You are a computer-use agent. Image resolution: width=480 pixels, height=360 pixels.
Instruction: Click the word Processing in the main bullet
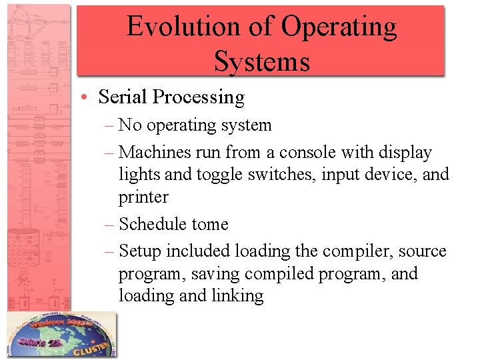[x=199, y=97]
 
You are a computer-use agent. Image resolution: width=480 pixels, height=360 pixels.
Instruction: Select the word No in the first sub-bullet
[x=131, y=125]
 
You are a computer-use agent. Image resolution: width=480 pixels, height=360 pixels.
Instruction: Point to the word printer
[x=143, y=197]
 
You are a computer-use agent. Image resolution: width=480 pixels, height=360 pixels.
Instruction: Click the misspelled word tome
[x=210, y=224]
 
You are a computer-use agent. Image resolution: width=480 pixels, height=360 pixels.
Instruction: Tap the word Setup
[x=140, y=251]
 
